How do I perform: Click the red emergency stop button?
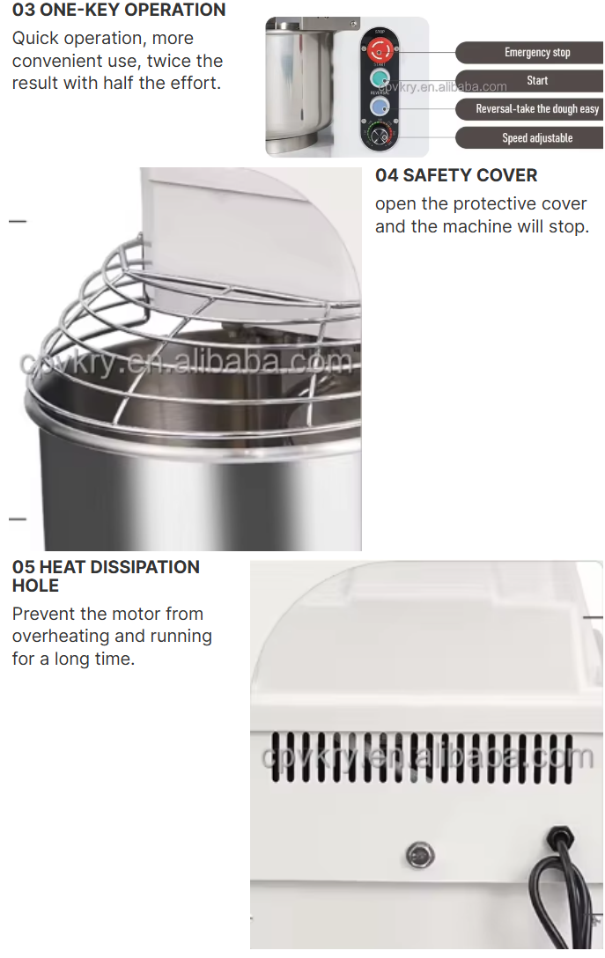pyautogui.click(x=380, y=49)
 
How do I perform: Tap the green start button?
pyautogui.click(x=380, y=78)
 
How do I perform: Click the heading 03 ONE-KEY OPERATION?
pyautogui.click(x=119, y=11)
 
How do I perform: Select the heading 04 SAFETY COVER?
pyautogui.click(x=456, y=175)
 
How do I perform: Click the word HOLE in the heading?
pyautogui.click(x=35, y=586)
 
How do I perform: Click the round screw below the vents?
pyautogui.click(x=420, y=854)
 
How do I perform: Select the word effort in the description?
pyautogui.click(x=194, y=83)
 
